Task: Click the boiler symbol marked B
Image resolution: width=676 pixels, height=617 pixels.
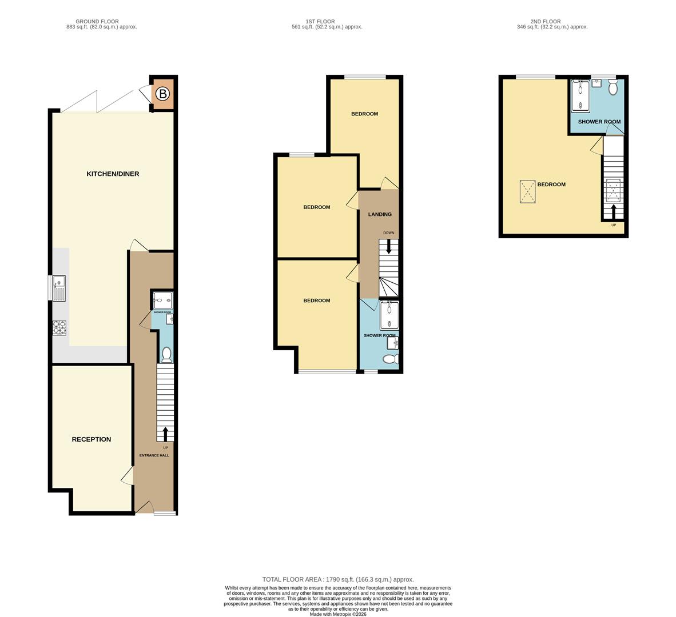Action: (x=163, y=94)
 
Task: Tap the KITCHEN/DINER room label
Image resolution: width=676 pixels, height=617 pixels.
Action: (x=113, y=174)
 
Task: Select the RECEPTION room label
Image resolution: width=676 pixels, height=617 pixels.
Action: (x=92, y=439)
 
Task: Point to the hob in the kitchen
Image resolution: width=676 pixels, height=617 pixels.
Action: (x=59, y=328)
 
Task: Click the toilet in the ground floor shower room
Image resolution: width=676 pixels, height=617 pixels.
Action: (x=166, y=355)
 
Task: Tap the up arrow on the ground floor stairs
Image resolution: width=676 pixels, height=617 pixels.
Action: (x=166, y=434)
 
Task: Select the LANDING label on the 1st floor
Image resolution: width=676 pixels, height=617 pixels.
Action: (x=380, y=214)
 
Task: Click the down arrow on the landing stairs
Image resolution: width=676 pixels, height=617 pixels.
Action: (x=389, y=246)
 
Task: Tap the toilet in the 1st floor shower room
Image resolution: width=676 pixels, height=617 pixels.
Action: (x=390, y=359)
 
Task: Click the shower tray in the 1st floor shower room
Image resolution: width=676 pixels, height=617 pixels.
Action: (x=389, y=316)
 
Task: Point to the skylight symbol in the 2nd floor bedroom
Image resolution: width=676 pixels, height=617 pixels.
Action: (x=527, y=191)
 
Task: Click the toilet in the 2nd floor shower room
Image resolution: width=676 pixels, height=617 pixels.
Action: (x=613, y=89)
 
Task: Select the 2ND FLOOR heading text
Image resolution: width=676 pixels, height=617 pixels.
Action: (x=546, y=22)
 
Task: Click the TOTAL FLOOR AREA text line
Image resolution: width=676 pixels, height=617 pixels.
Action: (x=337, y=579)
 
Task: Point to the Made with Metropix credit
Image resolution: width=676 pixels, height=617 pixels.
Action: (x=337, y=614)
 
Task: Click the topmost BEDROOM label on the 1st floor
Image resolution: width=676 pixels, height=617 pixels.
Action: (x=364, y=114)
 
